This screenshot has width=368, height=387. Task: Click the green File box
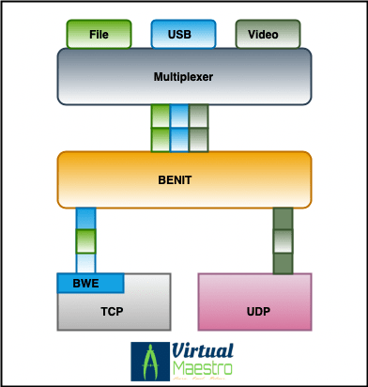point(99,34)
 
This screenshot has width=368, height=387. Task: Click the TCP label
point(113,311)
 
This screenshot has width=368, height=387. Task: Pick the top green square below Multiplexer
point(161,116)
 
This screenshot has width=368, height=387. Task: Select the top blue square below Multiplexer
point(179,116)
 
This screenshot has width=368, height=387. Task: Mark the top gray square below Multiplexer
point(198,116)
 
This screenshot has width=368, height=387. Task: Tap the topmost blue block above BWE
point(86,218)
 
